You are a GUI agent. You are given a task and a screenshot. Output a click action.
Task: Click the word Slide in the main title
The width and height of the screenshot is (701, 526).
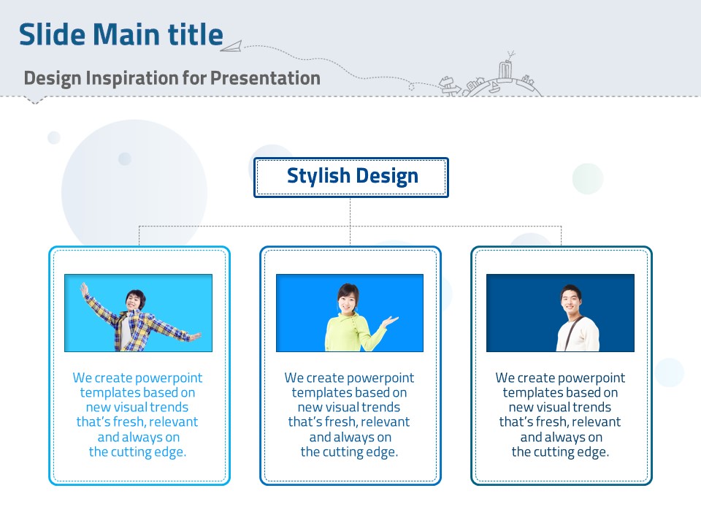[52, 34]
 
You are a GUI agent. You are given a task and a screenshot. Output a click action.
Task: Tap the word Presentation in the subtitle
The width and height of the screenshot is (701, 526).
[265, 78]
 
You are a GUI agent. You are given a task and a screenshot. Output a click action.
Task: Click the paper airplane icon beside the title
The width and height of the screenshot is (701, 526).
[231, 46]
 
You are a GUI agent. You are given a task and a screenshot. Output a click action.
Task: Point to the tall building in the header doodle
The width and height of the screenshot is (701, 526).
[505, 70]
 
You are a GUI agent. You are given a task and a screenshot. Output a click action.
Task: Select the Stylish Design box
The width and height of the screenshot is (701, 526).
[351, 177]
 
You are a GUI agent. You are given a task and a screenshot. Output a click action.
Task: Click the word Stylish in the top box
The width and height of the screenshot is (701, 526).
[318, 176]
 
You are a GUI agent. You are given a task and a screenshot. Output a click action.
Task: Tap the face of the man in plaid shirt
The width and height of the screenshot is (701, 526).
[135, 300]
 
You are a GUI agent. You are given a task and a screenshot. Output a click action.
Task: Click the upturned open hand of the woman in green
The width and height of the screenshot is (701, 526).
[390, 321]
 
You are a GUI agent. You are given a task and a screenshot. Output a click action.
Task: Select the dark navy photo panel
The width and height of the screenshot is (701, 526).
[560, 313]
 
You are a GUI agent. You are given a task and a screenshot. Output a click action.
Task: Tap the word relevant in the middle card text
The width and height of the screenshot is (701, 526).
[386, 422]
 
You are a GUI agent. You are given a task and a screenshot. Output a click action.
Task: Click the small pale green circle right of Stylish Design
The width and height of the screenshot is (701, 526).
[588, 178]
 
